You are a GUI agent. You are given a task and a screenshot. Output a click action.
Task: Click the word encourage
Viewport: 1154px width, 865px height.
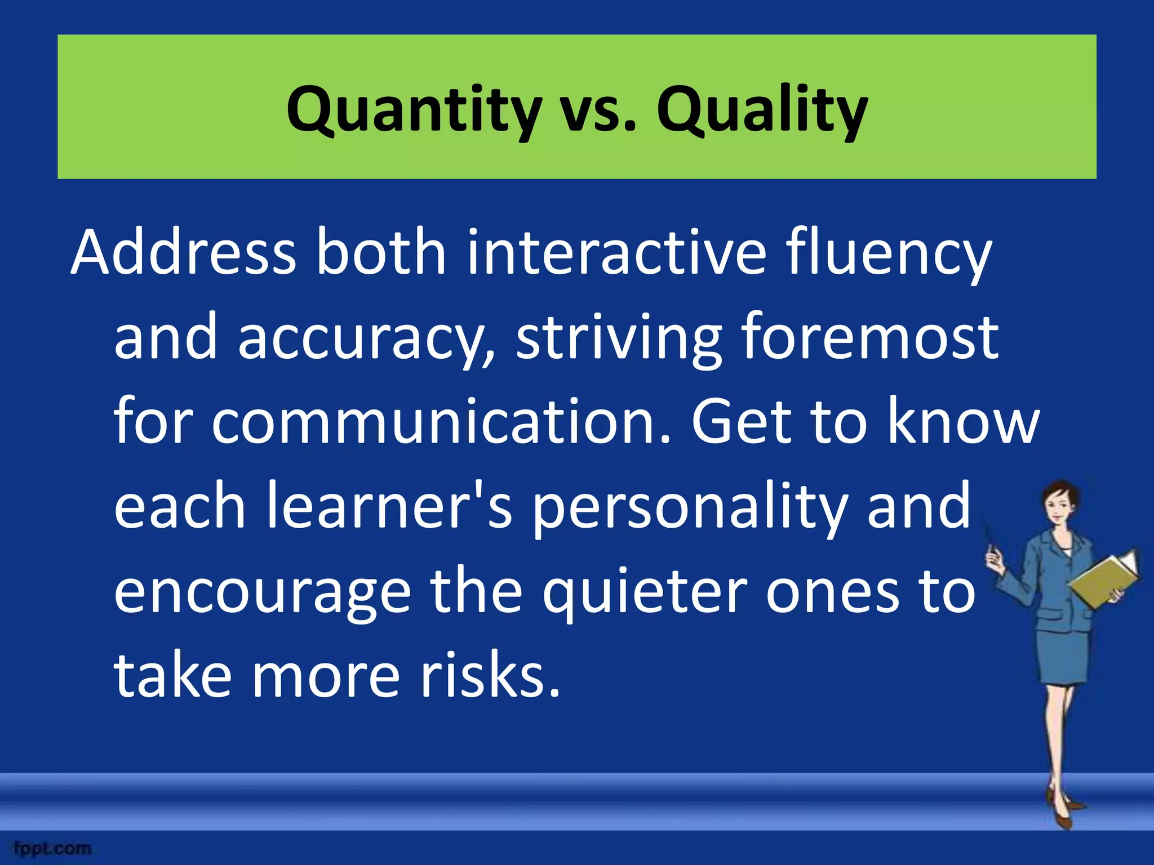(x=263, y=594)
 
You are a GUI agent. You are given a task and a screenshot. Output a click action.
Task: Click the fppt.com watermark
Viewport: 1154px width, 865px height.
(x=53, y=848)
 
